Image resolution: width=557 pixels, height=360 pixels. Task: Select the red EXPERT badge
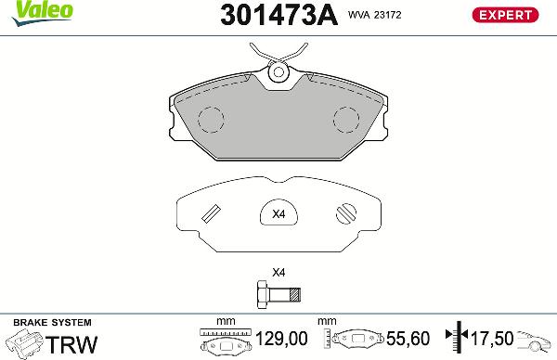[506, 14]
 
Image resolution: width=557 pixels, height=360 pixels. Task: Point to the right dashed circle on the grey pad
[346, 119]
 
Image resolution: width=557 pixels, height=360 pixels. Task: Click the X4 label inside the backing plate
[278, 214]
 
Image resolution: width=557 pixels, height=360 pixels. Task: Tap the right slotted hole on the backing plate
[343, 213]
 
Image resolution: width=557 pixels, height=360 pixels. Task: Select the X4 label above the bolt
[278, 274]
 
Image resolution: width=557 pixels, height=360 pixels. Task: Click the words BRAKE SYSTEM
[41, 321]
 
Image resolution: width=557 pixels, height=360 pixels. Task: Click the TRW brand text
[71, 344]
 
